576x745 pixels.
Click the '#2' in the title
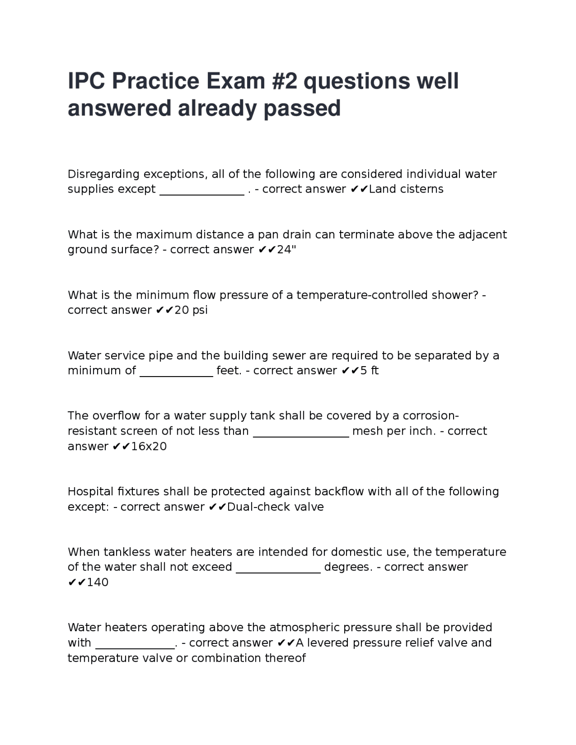[x=282, y=81]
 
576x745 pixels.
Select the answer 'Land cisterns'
[x=406, y=189]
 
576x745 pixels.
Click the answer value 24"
[x=287, y=250]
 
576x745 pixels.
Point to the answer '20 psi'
[x=191, y=310]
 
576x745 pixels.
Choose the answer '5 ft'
[x=369, y=371]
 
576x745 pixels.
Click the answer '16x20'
[x=149, y=446]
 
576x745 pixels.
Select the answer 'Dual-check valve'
[x=275, y=507]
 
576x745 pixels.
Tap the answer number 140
[x=98, y=583]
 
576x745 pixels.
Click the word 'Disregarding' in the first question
[x=103, y=174]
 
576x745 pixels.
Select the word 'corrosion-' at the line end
[x=431, y=416]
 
